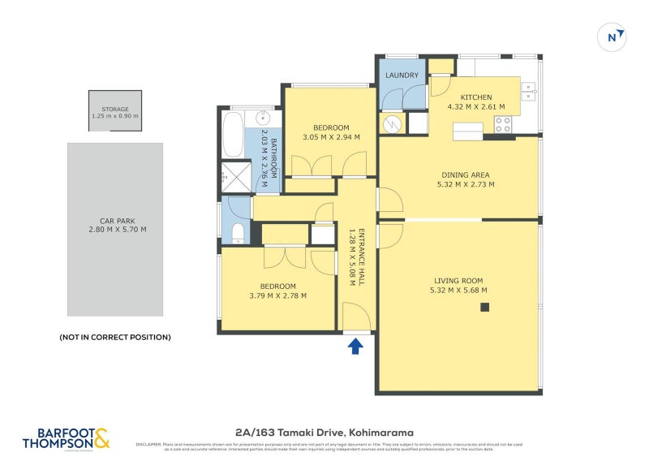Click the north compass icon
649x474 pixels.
point(614,37)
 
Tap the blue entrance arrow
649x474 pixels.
point(355,347)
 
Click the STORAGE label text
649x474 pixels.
point(114,108)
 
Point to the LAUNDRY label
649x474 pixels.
point(402,75)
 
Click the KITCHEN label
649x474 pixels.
point(476,97)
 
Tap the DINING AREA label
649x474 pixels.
point(466,175)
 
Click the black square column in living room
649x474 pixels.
point(484,307)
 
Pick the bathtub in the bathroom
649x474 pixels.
point(232,135)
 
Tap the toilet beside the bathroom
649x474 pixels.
point(238,233)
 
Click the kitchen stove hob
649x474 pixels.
point(503,124)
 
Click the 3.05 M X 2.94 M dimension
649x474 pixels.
point(331,137)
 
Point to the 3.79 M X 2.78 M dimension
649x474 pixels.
point(277,295)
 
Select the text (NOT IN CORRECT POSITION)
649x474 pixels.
point(114,337)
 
